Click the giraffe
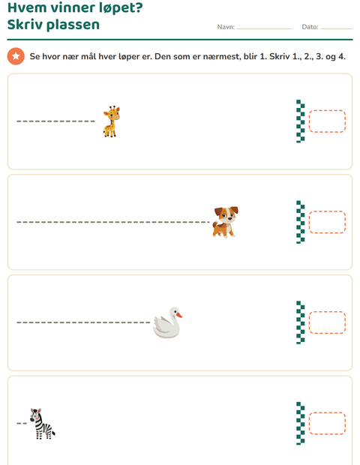[x=111, y=121]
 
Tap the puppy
[x=225, y=222]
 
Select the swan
[x=167, y=322]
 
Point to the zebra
[x=43, y=424]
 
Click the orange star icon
[x=16, y=56]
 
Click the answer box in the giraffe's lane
[x=327, y=121]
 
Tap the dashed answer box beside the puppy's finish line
[x=327, y=222]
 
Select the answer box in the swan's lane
[x=327, y=322]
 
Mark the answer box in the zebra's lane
[x=327, y=424]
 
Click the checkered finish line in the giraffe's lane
[x=301, y=121]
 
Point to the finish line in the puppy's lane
[x=301, y=222]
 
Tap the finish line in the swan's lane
[x=301, y=322]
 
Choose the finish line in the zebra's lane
[x=301, y=424]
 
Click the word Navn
[x=226, y=27]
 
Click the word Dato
[x=310, y=27]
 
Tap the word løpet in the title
[x=121, y=8]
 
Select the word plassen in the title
[x=73, y=25]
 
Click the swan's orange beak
[x=179, y=315]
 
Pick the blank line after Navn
[x=265, y=28]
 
